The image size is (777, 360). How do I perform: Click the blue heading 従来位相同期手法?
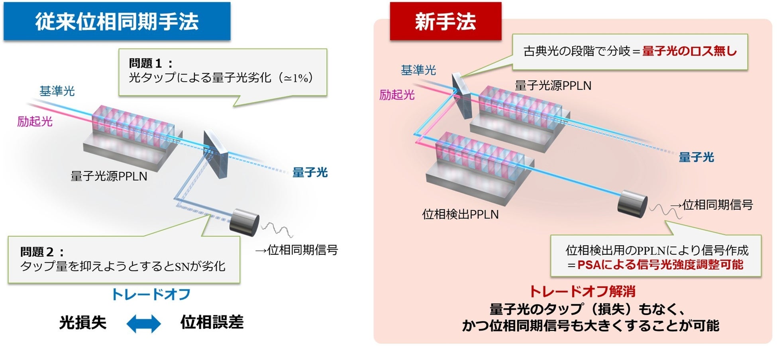pos(117,22)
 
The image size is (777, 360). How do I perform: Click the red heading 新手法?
pos(445,22)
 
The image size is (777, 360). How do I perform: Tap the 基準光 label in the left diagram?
pos(57,91)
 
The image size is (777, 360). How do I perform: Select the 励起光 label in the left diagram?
pos(35,122)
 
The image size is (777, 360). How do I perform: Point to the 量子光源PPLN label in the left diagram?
pos(109,176)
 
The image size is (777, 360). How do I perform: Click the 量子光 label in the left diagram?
pos(310,173)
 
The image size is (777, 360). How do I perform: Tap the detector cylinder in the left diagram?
pos(245,222)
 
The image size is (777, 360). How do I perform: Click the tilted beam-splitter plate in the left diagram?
pos(216,154)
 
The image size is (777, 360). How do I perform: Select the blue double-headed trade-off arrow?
pos(143,323)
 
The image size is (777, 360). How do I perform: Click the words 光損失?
pos(83,323)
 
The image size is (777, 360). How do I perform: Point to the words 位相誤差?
pos(212,322)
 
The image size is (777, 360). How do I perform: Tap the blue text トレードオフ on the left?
pos(151,295)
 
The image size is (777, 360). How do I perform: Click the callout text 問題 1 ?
pos(151,63)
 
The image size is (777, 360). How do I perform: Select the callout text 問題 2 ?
pos(42,252)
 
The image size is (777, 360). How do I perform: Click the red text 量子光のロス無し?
pos(689,51)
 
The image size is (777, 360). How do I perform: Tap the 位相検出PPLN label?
pos(460,214)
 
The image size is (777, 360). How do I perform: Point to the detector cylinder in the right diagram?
pos(632,204)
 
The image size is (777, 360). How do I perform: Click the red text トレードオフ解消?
pos(582,291)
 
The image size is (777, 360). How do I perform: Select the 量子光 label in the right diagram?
pos(696,157)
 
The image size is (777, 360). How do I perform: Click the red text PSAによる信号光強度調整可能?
pos(660,265)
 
